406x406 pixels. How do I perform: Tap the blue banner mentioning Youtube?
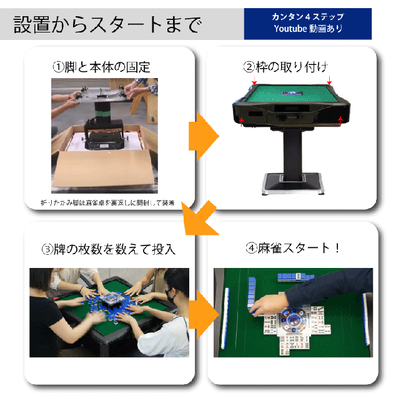[x=308, y=24]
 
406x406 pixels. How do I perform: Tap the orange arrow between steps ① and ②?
[x=202, y=135]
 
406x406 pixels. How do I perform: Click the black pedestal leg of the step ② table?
[x=291, y=150]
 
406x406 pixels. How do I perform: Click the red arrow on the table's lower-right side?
[x=340, y=117]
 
